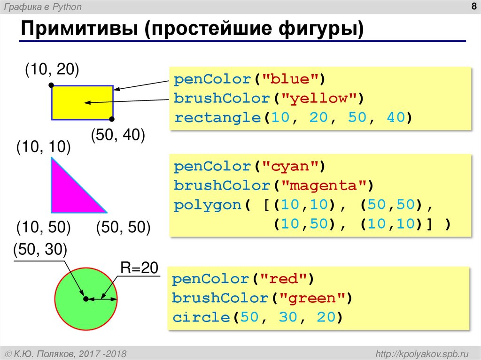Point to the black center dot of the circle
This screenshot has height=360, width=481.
click(85, 299)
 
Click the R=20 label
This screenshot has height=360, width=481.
click(140, 268)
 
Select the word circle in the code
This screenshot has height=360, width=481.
click(201, 318)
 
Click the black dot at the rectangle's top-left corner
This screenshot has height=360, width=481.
click(51, 86)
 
